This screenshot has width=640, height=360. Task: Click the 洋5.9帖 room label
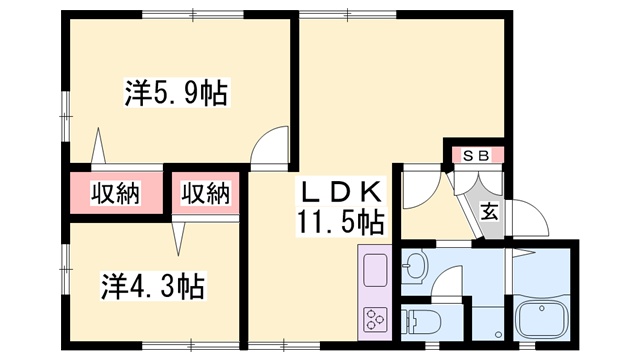pyautogui.click(x=176, y=95)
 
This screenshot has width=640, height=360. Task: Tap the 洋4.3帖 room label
pyautogui.click(x=153, y=287)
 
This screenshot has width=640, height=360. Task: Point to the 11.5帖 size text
pyautogui.click(x=340, y=219)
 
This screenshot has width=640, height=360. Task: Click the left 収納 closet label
pyautogui.click(x=115, y=193)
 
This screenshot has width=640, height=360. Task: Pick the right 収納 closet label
pyautogui.click(x=205, y=193)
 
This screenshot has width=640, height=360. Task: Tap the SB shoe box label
pyautogui.click(x=475, y=156)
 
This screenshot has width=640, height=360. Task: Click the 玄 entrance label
pyautogui.click(x=489, y=211)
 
